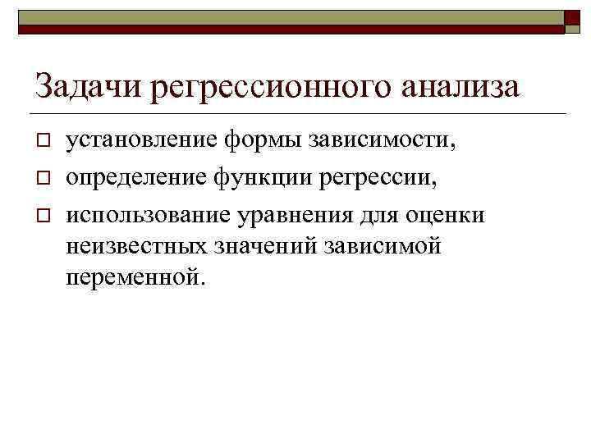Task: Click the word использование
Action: (150, 215)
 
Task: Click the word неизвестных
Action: (137, 245)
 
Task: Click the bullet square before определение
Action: (44, 178)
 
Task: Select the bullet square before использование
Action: (44, 215)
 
